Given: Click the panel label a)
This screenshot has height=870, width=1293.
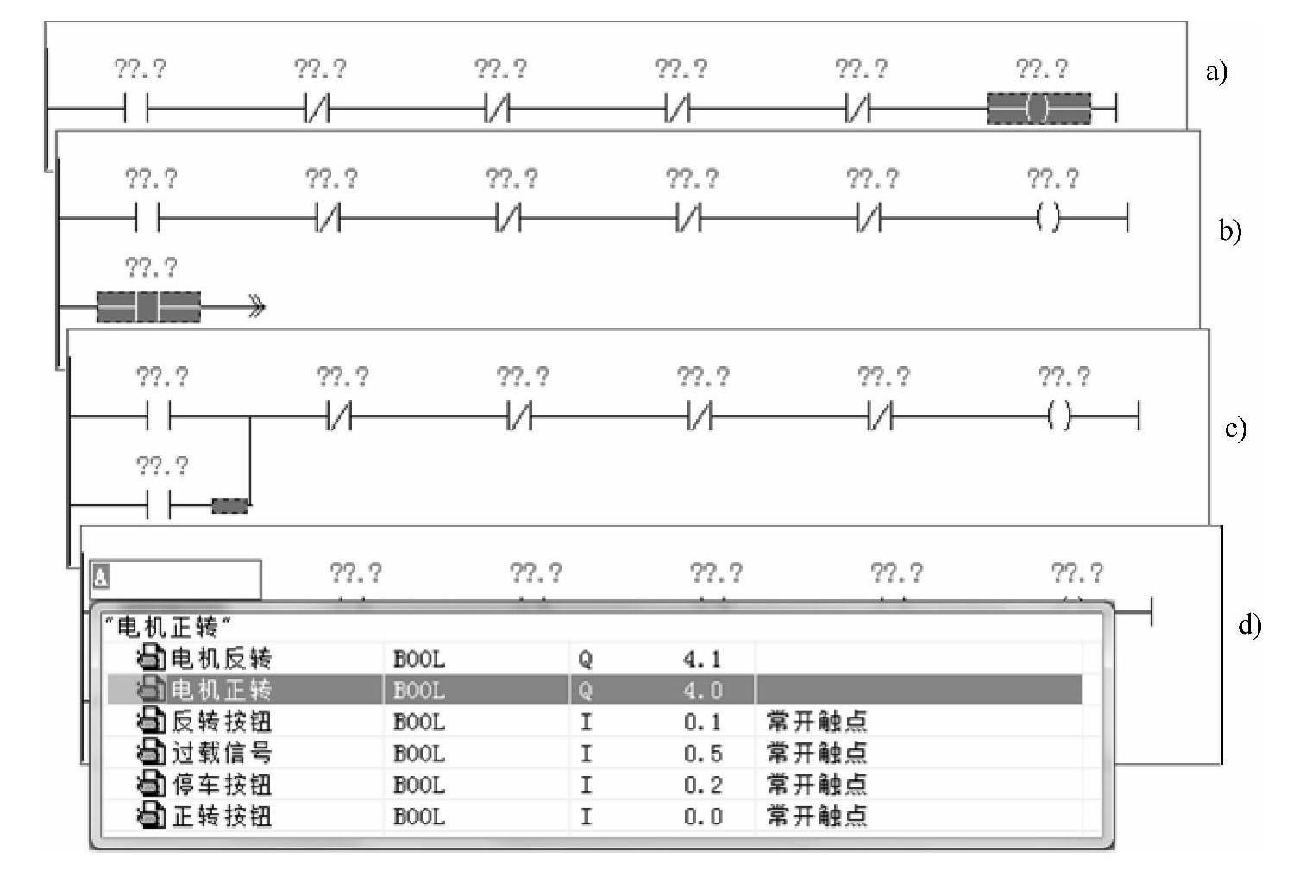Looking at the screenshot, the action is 1216,71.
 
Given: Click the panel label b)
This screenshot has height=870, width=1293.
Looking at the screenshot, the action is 1229,230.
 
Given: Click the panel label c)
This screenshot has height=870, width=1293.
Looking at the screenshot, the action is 1235,428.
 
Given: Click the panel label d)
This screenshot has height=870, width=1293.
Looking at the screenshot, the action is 1249,623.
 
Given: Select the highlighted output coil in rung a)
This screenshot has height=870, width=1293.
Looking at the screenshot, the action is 1039,109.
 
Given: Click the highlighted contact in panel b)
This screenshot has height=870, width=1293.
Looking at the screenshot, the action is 148,307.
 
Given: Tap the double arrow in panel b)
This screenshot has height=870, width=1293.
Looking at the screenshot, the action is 256,307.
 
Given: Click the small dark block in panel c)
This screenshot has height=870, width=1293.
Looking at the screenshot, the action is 229,505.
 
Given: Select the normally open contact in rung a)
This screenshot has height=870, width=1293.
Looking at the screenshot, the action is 136,109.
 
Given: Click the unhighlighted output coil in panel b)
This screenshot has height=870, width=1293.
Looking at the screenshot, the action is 1049,218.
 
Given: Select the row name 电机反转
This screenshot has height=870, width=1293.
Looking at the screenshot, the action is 221,659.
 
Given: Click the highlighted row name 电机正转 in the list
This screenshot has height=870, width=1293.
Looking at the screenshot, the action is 221,690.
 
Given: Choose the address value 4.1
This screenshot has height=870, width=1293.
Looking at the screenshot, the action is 703,660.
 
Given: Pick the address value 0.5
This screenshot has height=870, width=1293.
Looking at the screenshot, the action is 703,754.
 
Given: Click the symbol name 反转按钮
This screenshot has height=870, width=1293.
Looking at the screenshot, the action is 221,722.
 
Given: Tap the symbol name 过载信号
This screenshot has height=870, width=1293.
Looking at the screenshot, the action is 221,754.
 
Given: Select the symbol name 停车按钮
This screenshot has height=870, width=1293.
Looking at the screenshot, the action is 221,785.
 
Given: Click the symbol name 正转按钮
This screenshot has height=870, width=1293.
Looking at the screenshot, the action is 221,816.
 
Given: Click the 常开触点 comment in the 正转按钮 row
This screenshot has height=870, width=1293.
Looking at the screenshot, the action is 816,816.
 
